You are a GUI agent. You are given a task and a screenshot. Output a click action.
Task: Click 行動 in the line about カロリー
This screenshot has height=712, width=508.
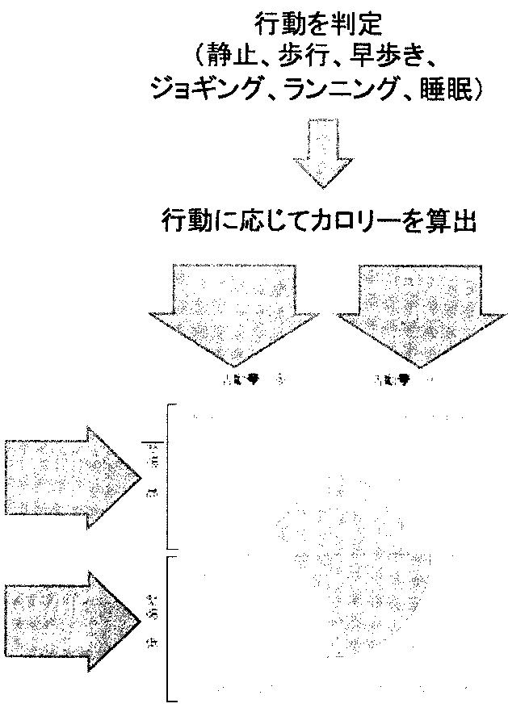click(x=185, y=220)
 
